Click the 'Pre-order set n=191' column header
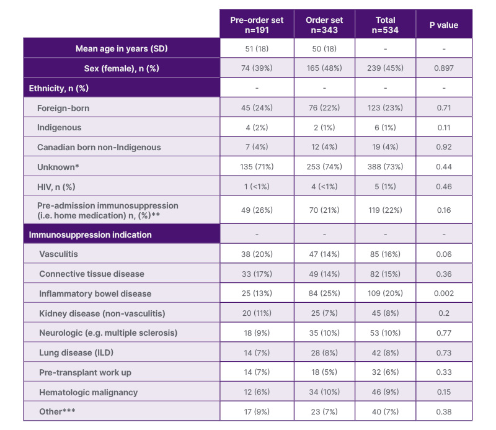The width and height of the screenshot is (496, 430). (x=257, y=25)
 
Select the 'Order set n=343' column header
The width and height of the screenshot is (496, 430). (x=325, y=25)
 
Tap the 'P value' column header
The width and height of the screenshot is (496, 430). (x=444, y=25)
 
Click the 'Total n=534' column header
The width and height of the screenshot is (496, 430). (x=385, y=25)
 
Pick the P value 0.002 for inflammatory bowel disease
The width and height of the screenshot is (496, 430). (x=444, y=293)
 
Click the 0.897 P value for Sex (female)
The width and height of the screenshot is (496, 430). (x=444, y=68)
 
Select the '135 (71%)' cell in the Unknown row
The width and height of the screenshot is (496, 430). (x=257, y=167)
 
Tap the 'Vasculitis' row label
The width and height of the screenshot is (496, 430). (x=59, y=254)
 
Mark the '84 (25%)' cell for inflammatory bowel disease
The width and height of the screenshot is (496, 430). (x=325, y=293)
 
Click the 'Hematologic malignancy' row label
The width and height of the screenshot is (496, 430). (x=88, y=392)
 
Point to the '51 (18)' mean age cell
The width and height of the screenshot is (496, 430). (x=257, y=48)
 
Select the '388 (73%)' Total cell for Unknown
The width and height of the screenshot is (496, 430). (x=385, y=167)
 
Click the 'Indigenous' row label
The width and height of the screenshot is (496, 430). (x=60, y=127)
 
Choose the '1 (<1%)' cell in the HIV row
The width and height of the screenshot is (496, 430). (x=257, y=186)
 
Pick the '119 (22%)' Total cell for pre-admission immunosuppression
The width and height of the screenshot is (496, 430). (x=385, y=210)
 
